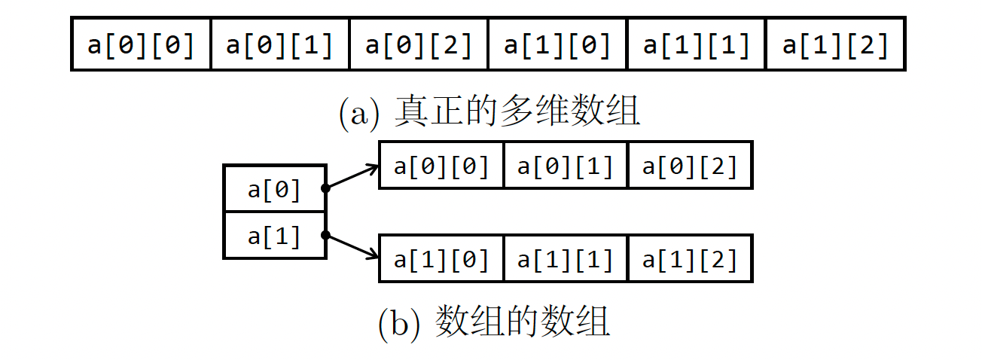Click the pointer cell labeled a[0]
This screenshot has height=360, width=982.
[274, 189]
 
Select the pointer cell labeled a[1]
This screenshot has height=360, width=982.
[274, 236]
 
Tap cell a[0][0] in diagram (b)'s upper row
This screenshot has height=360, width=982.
[441, 165]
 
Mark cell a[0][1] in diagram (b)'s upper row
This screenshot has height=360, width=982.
[565, 165]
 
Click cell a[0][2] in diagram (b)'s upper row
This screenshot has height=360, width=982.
[689, 165]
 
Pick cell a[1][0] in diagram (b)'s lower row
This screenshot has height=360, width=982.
[441, 260]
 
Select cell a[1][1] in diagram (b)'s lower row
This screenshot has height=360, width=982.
[565, 260]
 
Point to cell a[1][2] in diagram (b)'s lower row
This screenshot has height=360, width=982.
[689, 260]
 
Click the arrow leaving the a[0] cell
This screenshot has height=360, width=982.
[352, 177]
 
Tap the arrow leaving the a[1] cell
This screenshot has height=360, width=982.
[352, 247]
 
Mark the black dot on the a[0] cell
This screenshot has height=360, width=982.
[326, 188]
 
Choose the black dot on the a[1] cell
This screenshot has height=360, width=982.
[326, 235]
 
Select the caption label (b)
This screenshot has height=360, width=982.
[401, 324]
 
